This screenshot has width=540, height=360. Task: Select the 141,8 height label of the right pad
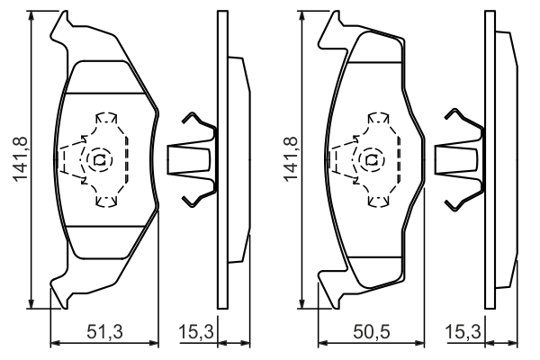[x=290, y=160]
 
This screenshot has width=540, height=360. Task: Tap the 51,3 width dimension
[x=105, y=331]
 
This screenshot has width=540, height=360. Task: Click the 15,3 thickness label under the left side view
[x=195, y=331]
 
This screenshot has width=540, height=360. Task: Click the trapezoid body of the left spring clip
[x=191, y=160]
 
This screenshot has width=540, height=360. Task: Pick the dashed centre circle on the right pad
[x=369, y=160]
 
